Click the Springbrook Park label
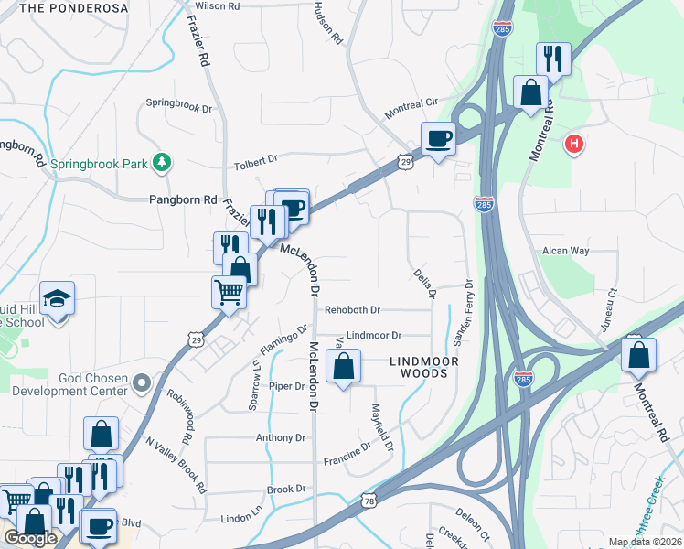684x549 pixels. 99,165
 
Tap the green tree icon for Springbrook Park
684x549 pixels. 162,162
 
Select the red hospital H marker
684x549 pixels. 574,144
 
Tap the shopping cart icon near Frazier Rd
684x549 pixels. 229,293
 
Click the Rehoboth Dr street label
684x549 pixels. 352,311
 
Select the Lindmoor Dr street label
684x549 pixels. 373,336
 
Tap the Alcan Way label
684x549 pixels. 565,251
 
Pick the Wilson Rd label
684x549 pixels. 217,5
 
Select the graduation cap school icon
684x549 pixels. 56,299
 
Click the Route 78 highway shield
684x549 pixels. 369,501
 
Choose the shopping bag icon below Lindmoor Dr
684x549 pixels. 343,368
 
